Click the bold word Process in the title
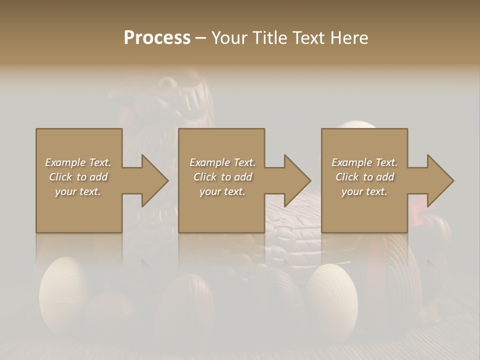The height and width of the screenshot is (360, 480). tap(157, 37)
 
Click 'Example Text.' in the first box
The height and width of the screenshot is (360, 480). tap(78, 162)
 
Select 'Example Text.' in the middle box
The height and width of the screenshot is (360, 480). tap(222, 162)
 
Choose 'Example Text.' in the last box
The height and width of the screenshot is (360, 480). tap(364, 162)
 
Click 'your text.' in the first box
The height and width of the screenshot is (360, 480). tap(78, 191)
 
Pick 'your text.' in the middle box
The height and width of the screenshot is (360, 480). tap(222, 191)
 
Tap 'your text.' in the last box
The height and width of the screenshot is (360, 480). tap(364, 191)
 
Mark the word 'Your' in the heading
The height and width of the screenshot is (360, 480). tap(229, 37)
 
